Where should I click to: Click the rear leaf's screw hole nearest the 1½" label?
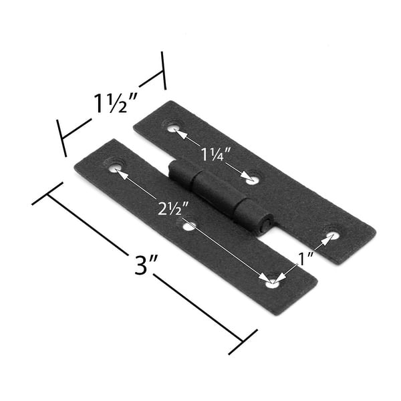click(174, 127)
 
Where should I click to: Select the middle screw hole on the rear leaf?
click(253, 179)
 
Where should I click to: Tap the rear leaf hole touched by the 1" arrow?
click(332, 235)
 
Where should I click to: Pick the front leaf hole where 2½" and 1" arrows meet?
click(271, 283)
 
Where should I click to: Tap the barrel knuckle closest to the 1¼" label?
click(181, 175)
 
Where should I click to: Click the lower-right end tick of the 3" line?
click(243, 342)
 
